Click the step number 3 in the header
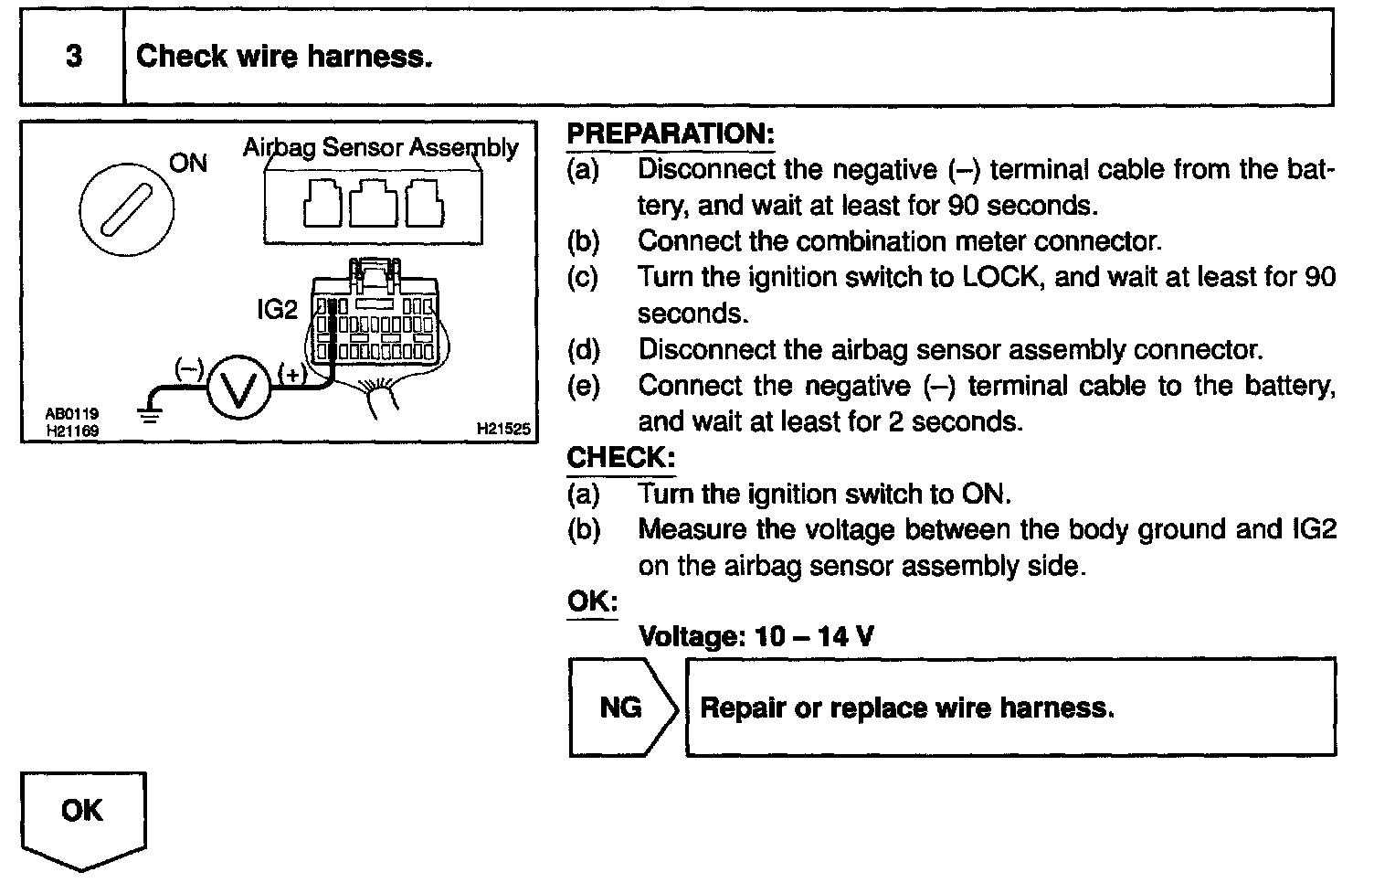tap(73, 57)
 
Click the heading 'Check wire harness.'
tap(283, 57)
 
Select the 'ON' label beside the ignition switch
tap(189, 164)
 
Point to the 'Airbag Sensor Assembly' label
tap(380, 147)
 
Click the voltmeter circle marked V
tap(239, 388)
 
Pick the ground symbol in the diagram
tap(149, 414)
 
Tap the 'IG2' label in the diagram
tap(277, 310)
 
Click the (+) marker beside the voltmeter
tap(291, 372)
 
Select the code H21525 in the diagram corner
tap(502, 428)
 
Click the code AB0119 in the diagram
tap(72, 414)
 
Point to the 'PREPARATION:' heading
tap(670, 133)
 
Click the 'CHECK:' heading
tap(620, 457)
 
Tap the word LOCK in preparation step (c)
tap(1002, 277)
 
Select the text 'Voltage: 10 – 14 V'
tap(756, 635)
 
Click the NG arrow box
tap(622, 707)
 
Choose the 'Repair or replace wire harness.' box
tap(1009, 707)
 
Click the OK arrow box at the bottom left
tap(83, 816)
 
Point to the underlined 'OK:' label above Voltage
tap(592, 601)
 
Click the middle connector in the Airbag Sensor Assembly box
tap(373, 203)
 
